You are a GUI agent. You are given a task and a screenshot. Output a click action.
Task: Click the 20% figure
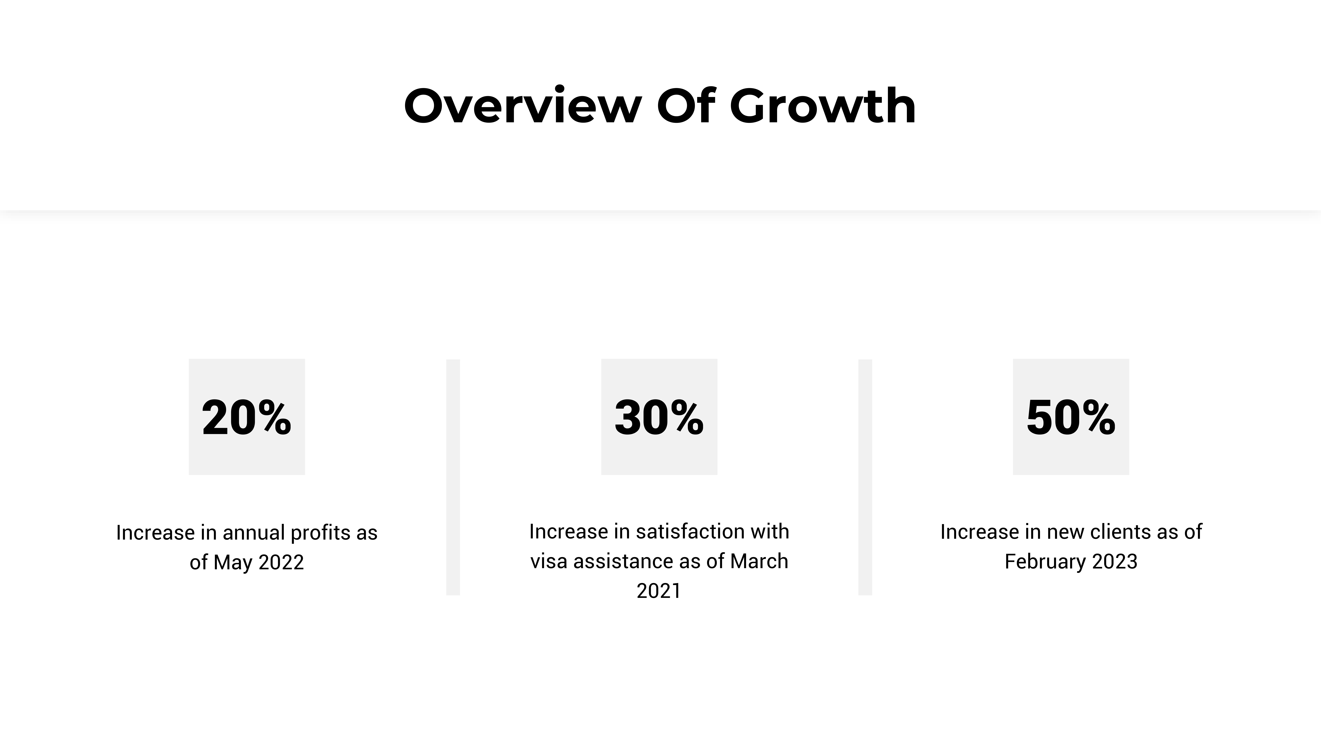pyautogui.click(x=247, y=417)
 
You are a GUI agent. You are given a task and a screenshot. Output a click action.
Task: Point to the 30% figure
pyautogui.click(x=659, y=417)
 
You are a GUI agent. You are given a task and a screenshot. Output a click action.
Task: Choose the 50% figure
pyautogui.click(x=1071, y=417)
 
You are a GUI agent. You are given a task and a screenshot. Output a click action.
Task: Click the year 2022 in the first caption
pyautogui.click(x=281, y=563)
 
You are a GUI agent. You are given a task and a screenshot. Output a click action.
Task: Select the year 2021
pyautogui.click(x=659, y=591)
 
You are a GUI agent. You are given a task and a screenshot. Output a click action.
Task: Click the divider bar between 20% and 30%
pyautogui.click(x=453, y=477)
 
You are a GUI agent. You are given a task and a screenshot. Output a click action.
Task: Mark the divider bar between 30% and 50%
pyautogui.click(x=865, y=477)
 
